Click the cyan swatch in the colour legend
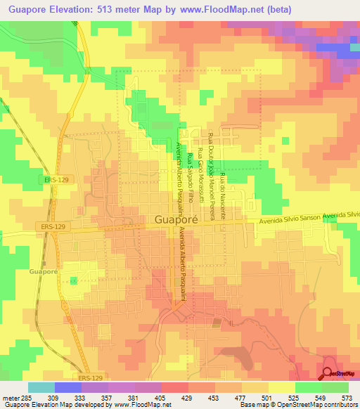41,387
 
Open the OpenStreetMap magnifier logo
328,375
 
